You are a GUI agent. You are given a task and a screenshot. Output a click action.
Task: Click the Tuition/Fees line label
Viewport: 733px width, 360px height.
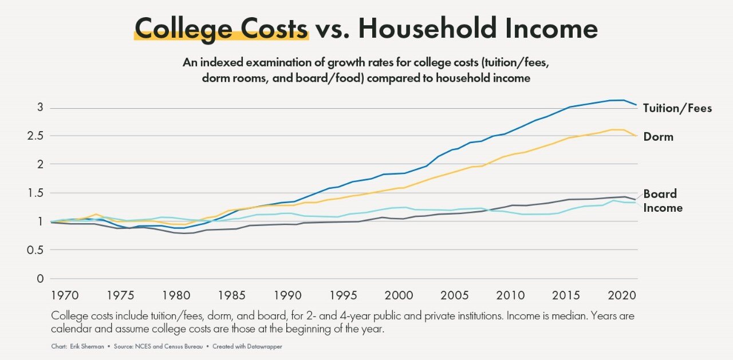[677, 108]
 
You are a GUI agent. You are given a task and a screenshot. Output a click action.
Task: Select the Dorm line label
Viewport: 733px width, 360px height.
[658, 137]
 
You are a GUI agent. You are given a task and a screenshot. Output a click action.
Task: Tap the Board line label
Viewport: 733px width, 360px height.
[660, 194]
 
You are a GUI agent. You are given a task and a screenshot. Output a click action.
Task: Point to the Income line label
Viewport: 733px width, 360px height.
[663, 208]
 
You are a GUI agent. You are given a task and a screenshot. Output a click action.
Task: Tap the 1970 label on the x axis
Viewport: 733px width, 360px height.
[63, 295]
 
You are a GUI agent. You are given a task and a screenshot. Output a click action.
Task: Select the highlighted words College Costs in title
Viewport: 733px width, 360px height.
[220, 27]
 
